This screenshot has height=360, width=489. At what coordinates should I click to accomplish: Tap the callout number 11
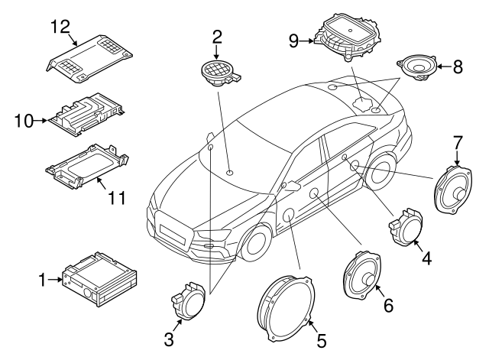(x=115, y=199)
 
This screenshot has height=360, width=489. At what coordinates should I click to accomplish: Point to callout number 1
(x=43, y=281)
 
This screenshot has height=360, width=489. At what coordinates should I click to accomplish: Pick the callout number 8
(x=458, y=66)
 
